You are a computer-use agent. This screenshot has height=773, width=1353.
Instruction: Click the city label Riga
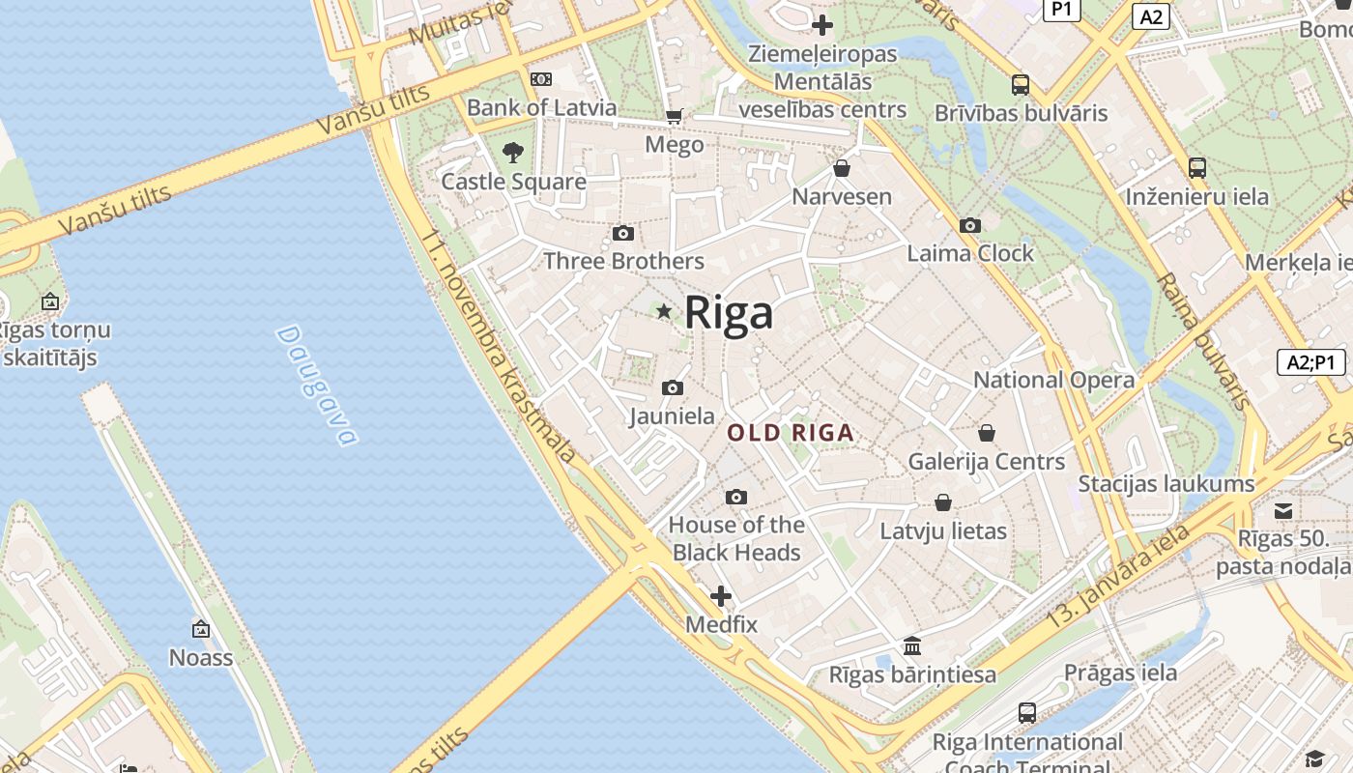tap(729, 313)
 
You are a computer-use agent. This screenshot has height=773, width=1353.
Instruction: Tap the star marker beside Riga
tap(664, 311)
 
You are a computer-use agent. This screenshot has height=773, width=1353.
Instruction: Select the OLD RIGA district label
tap(791, 433)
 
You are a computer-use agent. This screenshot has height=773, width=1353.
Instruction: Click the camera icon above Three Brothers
tap(623, 233)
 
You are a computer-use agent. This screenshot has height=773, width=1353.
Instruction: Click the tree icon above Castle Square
tap(513, 152)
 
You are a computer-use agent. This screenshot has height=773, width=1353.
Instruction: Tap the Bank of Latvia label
tap(541, 107)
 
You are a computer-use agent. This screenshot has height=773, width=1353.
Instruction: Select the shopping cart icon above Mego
tap(674, 117)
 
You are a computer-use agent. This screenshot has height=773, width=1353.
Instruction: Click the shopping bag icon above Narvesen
tap(842, 168)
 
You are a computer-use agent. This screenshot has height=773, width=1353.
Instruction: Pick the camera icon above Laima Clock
tap(970, 225)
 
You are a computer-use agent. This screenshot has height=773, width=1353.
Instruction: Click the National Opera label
tap(1053, 380)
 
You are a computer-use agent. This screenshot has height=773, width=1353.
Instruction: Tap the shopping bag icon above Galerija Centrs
tap(987, 433)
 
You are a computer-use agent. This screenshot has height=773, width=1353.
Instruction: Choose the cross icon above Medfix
tap(721, 596)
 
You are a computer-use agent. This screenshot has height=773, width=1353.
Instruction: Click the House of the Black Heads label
tap(736, 538)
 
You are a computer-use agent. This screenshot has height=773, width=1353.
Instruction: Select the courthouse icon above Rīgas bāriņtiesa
tap(912, 645)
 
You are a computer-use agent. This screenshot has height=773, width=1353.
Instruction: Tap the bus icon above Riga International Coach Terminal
tap(1027, 713)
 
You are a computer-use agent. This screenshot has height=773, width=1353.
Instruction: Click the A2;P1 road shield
tap(1310, 362)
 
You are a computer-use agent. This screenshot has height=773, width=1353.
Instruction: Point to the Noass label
tap(201, 658)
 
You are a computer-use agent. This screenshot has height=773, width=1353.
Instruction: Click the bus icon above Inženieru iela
tap(1196, 168)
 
